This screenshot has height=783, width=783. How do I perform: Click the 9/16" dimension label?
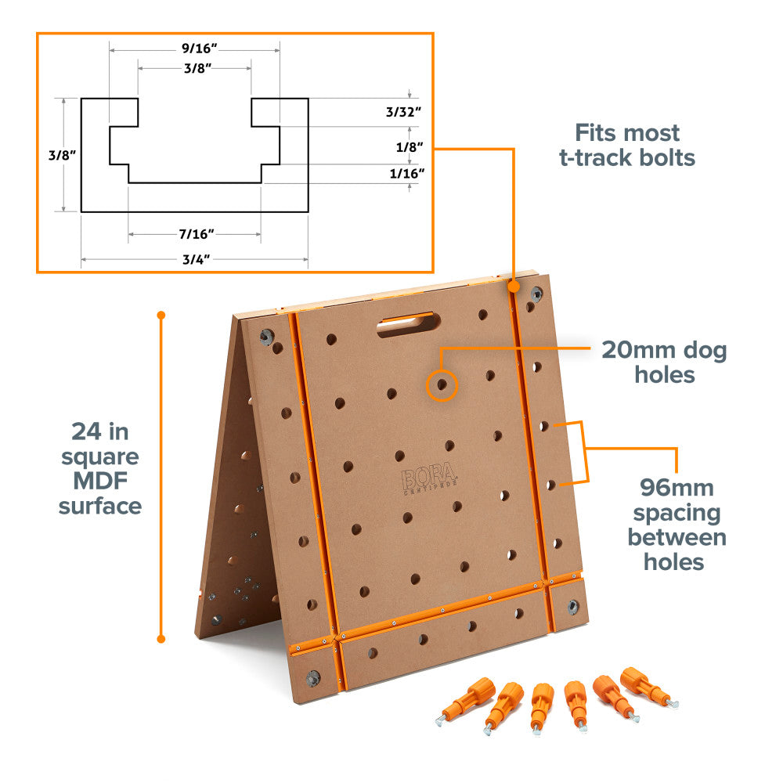(x=199, y=49)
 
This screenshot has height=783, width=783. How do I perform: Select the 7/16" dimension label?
(x=197, y=233)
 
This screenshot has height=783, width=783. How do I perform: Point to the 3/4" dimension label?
(x=196, y=259)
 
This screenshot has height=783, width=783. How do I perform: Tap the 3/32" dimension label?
(x=403, y=112)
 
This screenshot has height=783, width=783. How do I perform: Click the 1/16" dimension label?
(x=407, y=173)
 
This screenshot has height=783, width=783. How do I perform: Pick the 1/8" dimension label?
(x=410, y=147)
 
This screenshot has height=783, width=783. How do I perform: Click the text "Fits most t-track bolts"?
(x=627, y=146)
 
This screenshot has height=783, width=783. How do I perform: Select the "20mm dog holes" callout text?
(x=664, y=362)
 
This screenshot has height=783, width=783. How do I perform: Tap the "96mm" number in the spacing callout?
(x=677, y=487)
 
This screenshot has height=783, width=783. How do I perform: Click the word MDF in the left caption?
(x=100, y=481)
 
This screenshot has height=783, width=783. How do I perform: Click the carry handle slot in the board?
(x=409, y=324)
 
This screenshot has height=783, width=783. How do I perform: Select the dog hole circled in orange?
(x=442, y=384)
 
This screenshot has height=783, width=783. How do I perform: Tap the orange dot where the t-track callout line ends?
(x=514, y=287)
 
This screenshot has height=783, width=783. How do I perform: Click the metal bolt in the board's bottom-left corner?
(x=314, y=678)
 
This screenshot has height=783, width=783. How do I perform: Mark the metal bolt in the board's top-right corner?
(x=536, y=294)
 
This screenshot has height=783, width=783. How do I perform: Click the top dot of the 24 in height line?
(x=161, y=315)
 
